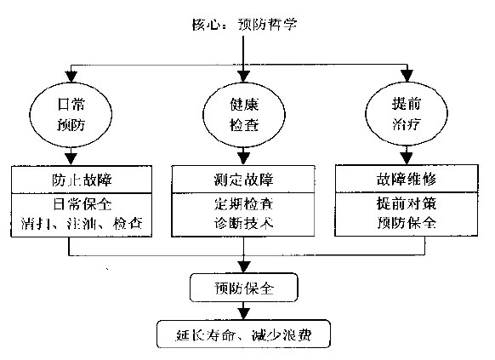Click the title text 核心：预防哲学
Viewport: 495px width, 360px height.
point(245,23)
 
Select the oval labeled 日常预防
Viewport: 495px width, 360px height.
point(69,114)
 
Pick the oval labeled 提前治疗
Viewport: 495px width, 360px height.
point(407,114)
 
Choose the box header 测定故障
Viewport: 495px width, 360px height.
point(245,180)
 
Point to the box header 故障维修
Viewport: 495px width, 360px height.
point(407,180)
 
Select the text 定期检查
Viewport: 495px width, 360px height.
point(245,205)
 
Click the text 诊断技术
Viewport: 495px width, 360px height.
point(245,223)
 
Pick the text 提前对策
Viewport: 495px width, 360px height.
point(407,205)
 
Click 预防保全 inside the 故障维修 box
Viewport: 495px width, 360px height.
point(407,223)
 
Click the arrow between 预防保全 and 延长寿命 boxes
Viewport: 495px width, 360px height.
point(245,310)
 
